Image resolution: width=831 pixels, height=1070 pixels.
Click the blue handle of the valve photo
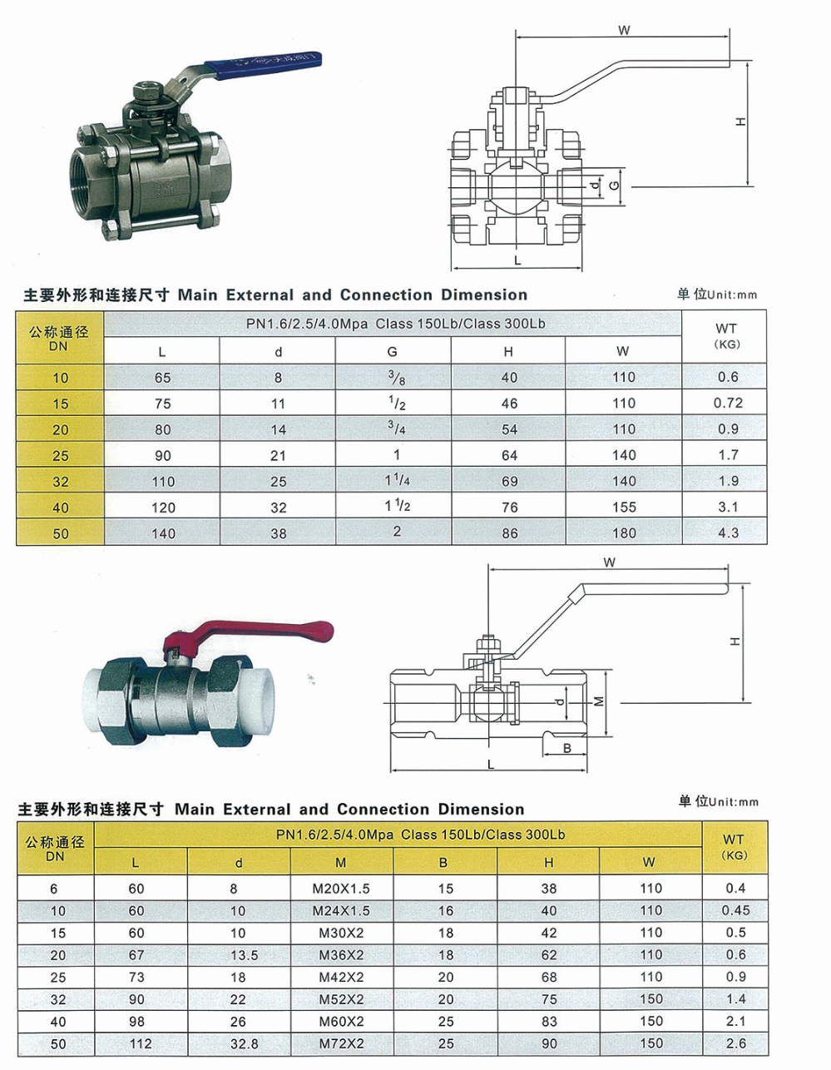click(x=263, y=62)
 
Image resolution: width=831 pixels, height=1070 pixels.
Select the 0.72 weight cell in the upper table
click(x=728, y=403)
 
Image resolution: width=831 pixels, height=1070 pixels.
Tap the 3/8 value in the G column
click(x=396, y=378)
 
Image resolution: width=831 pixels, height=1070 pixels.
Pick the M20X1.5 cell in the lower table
click(x=341, y=889)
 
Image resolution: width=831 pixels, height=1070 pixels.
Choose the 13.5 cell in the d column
click(x=245, y=955)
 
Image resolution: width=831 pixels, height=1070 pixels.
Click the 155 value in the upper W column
click(x=624, y=508)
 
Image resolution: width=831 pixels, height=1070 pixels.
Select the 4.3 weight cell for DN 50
click(x=728, y=533)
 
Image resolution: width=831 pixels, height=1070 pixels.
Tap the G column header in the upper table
click(x=392, y=352)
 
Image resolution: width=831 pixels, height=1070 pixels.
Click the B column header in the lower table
click(x=443, y=863)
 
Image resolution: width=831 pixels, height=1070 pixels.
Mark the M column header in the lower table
click(x=341, y=863)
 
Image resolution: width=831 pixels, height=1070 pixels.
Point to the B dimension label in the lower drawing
click(x=567, y=748)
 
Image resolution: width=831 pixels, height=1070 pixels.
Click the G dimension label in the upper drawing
click(x=614, y=186)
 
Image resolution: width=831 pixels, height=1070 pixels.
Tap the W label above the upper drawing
click(x=624, y=30)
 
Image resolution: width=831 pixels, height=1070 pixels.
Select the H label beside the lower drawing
click(x=735, y=642)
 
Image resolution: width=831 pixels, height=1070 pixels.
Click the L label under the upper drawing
click(x=517, y=260)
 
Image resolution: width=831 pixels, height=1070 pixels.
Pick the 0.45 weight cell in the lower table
click(x=735, y=910)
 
